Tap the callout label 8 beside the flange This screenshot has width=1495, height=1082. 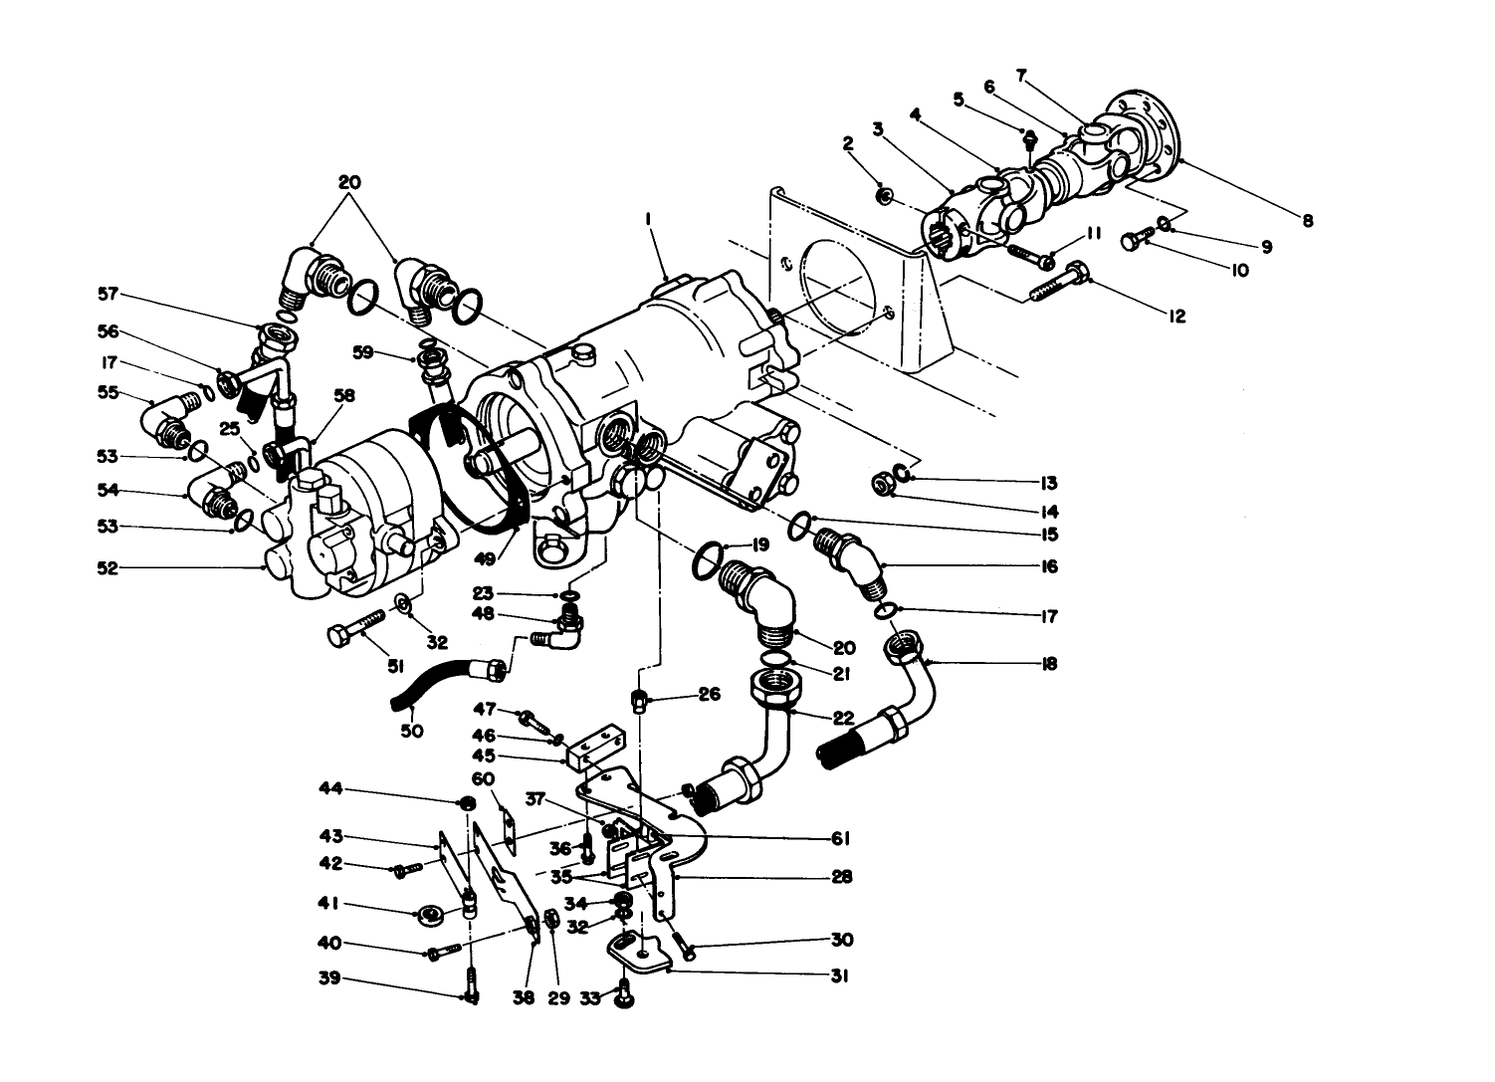[x=1307, y=221]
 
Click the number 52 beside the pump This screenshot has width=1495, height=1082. [x=106, y=568]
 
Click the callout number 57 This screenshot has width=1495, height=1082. [x=106, y=294]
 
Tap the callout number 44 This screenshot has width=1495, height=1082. [x=329, y=789]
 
